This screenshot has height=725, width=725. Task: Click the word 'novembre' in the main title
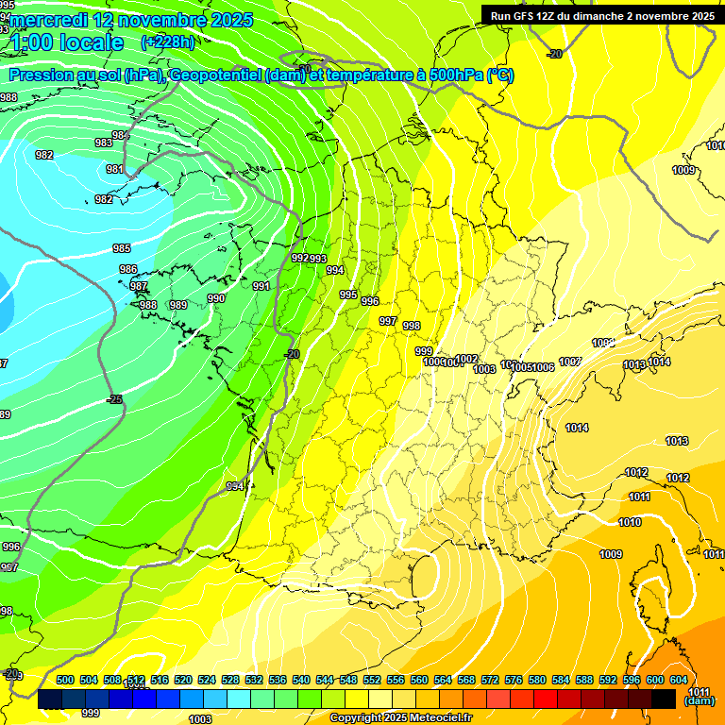click(x=165, y=20)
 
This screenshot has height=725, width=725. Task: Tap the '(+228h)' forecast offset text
click(x=168, y=42)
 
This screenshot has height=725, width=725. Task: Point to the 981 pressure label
click(x=115, y=169)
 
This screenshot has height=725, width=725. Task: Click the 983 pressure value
click(x=103, y=143)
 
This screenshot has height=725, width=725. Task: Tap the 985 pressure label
click(x=122, y=248)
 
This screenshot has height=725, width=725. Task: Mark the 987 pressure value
click(x=139, y=286)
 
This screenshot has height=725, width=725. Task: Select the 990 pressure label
click(x=216, y=298)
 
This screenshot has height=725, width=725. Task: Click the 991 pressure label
click(x=261, y=286)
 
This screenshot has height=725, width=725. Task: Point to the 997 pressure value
click(x=387, y=321)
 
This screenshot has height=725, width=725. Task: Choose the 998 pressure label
click(x=412, y=326)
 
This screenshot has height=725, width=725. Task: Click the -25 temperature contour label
click(x=114, y=399)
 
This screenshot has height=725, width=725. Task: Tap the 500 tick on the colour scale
click(x=65, y=680)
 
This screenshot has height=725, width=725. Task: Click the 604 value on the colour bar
click(x=679, y=680)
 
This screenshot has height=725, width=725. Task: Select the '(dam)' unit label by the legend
click(x=700, y=701)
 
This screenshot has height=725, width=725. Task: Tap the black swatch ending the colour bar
click(x=663, y=700)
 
